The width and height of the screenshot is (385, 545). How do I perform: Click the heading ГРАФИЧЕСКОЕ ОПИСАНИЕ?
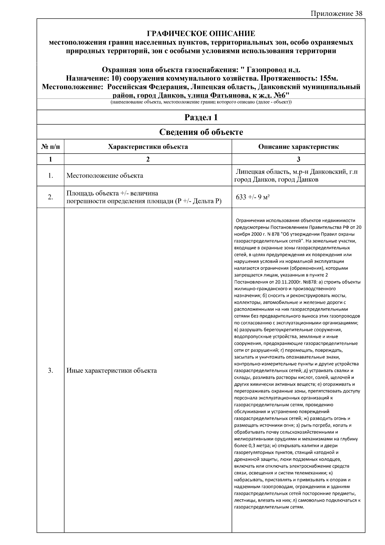pyautogui.click(x=201, y=33)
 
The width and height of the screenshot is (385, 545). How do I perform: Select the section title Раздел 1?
pyautogui.click(x=201, y=118)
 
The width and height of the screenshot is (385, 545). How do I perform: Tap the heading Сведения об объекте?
pyautogui.click(x=201, y=132)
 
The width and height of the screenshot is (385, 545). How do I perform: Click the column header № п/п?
pyautogui.click(x=50, y=147)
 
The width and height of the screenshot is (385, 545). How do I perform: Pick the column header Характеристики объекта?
pyautogui.click(x=148, y=147)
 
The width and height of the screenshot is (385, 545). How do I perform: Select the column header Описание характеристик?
pyautogui.click(x=298, y=147)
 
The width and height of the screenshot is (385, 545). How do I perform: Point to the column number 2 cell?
pyautogui.click(x=148, y=159)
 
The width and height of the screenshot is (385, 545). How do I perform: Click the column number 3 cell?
pyautogui.click(x=298, y=159)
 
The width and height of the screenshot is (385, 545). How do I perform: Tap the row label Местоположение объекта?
pyautogui.click(x=105, y=176)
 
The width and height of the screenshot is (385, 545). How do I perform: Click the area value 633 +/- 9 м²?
pyautogui.click(x=252, y=197)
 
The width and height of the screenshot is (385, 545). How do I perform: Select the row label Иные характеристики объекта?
pyautogui.click(x=111, y=371)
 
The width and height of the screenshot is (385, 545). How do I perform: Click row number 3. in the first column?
pyautogui.click(x=50, y=371)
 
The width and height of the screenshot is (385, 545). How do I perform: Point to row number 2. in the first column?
pyautogui.click(x=50, y=197)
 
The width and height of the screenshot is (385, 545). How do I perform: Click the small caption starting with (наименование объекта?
pyautogui.click(x=201, y=102)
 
